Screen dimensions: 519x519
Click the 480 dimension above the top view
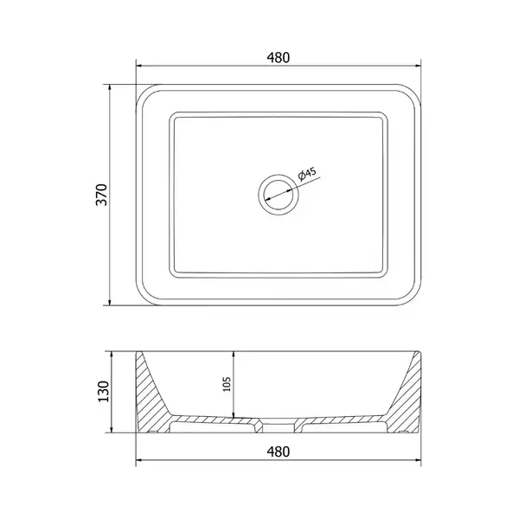[x=278, y=58]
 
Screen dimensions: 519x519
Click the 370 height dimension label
[x=102, y=195]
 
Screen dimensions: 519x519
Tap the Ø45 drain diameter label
[x=307, y=174]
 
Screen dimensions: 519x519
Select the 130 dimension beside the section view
[x=104, y=392]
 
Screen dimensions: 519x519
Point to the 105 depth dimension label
[x=227, y=384]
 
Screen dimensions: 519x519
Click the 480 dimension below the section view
[x=278, y=452]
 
